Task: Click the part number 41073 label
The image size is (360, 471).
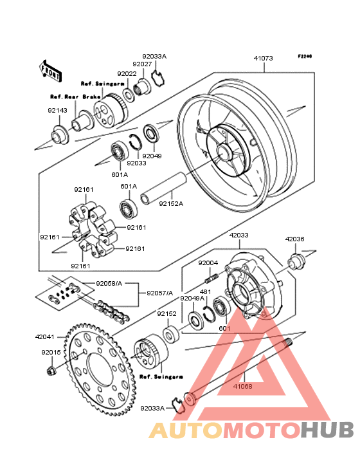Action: point(263,59)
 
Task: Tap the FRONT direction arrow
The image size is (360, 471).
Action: point(50,71)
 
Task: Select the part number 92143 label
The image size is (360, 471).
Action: point(57,111)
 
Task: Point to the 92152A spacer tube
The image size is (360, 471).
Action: point(164,188)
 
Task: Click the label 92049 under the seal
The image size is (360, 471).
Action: point(152,156)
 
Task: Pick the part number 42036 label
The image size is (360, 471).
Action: point(294,239)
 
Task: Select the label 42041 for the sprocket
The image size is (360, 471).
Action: point(45,337)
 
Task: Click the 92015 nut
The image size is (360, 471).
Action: point(50,371)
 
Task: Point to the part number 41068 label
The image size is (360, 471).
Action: point(243,386)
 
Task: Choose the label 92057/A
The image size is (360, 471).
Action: point(159,293)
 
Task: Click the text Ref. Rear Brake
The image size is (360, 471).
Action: point(75,97)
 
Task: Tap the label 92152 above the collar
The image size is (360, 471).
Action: point(166,313)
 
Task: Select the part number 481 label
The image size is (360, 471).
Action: point(206,291)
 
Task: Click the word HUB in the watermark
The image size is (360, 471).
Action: point(328,430)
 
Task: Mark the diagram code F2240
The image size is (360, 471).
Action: point(305,56)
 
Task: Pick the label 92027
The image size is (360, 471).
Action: point(142,64)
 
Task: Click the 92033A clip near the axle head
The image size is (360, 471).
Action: point(178,405)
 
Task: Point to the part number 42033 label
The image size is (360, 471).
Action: point(239,235)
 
